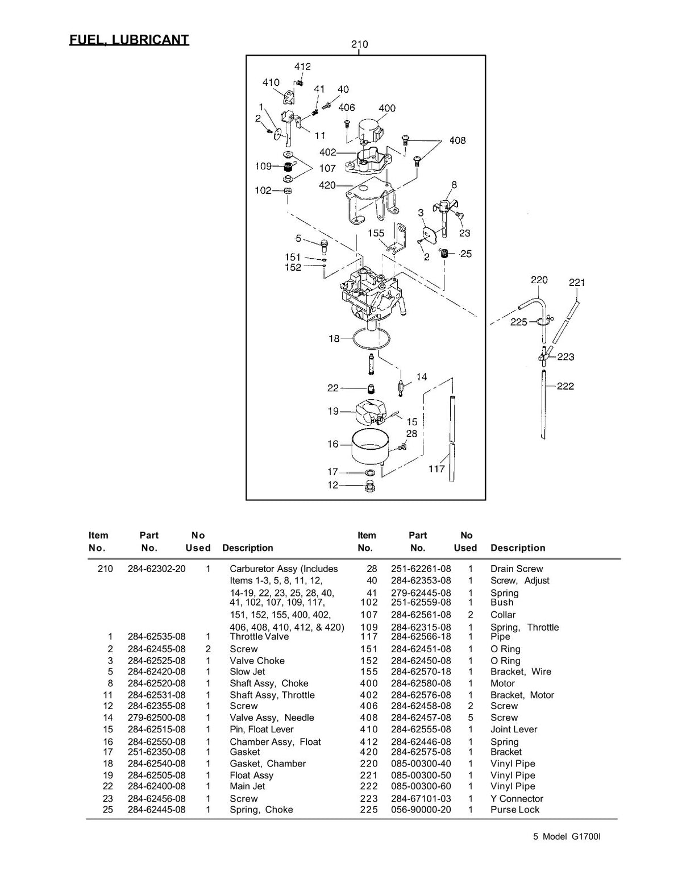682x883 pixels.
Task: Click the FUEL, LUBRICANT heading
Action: (129, 40)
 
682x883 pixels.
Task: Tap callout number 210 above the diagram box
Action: (360, 44)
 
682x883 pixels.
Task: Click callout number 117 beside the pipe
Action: (436, 469)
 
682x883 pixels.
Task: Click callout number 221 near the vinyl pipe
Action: (577, 282)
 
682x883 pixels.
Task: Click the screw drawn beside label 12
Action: (369, 486)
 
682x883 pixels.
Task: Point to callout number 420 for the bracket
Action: (327, 185)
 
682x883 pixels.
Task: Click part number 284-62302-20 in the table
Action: (156, 569)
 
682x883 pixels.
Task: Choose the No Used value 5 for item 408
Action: (471, 718)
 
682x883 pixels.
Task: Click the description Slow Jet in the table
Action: (247, 671)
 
